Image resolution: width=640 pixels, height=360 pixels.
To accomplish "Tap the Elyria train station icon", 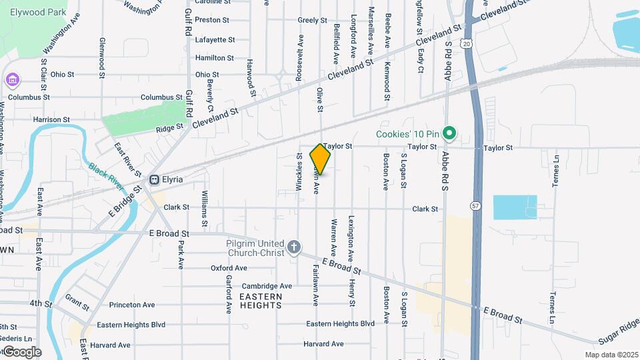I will (x=154, y=179).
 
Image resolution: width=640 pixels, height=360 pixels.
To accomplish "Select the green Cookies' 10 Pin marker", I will (x=449, y=134).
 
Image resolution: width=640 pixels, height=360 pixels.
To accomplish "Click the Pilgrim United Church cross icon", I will (x=293, y=248).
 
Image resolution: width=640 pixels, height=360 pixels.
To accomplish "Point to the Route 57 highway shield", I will (x=475, y=205).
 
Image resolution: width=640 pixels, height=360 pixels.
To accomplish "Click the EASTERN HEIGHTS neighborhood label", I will (x=261, y=301).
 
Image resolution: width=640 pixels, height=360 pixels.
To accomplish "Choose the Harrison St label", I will (x=51, y=120).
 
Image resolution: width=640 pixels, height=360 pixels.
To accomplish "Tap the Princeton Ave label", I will (x=131, y=305).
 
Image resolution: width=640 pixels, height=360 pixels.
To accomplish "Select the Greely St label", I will (x=308, y=21).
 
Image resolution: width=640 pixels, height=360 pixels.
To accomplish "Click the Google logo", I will (x=21, y=352).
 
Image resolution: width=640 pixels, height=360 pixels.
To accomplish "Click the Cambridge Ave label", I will (x=267, y=286).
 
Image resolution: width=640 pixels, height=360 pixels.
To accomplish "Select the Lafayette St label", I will (x=215, y=40).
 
